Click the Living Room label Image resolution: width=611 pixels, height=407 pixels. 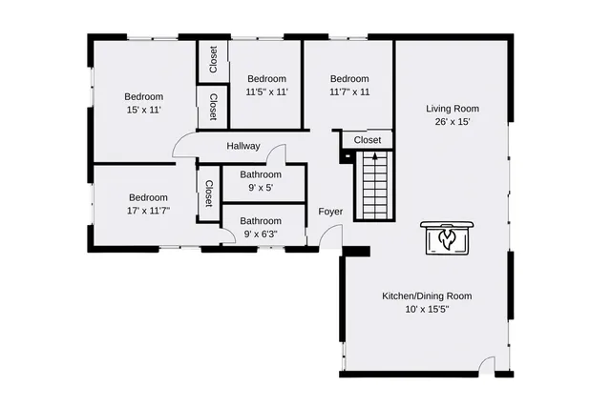[453, 108]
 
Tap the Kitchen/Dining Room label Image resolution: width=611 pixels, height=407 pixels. [427, 295]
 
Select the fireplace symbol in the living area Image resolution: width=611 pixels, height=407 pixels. [445, 238]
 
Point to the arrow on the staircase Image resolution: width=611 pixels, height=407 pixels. [374, 156]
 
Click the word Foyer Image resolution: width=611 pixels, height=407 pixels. [330, 212]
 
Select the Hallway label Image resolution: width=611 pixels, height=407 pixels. [243, 146]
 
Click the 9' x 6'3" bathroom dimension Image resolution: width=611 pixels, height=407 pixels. [261, 234]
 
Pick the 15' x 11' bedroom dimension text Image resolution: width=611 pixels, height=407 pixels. [143, 111]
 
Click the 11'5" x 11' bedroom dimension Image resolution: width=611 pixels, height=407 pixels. [266, 92]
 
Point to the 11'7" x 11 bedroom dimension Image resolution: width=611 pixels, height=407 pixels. [349, 92]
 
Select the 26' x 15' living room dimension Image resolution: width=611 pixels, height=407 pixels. [453, 121]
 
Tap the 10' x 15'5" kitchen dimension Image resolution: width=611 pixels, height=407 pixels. [427, 309]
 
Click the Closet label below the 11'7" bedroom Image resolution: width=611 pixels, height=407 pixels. [368, 140]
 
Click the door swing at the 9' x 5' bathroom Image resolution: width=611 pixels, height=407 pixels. [276, 154]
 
